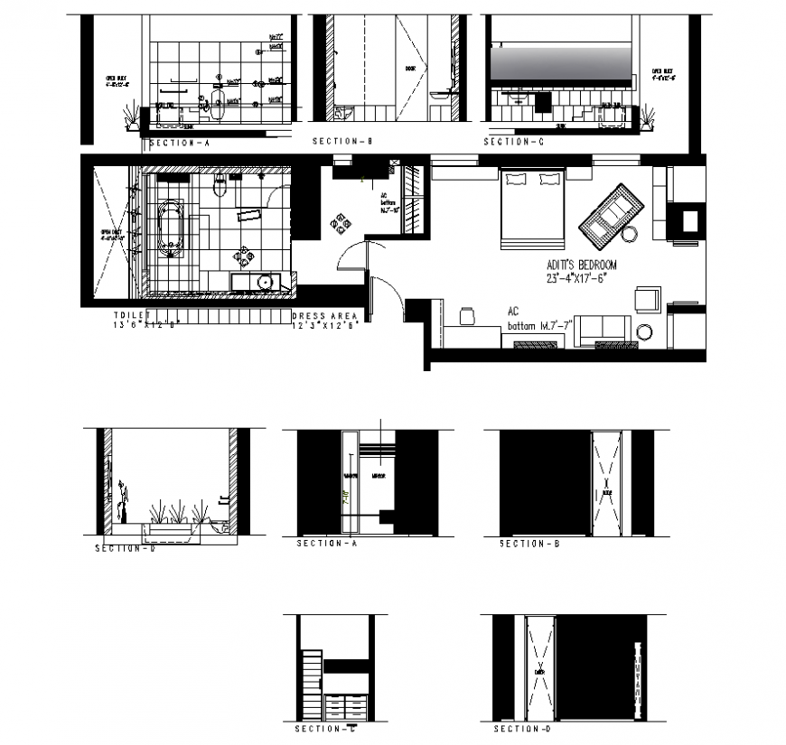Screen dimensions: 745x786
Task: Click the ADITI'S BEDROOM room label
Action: pos(581,265)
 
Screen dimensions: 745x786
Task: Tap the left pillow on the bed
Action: pos(515,180)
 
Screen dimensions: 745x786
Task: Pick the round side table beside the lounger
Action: pos(630,235)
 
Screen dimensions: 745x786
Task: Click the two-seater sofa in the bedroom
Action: pos(603,330)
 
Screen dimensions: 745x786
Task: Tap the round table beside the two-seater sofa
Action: pos(644,332)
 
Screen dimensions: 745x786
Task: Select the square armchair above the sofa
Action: pos(648,299)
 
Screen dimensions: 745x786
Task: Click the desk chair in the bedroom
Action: pos(467,315)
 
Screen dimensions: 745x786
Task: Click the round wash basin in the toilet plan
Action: pos(265,283)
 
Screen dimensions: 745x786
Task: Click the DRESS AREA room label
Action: pos(326,317)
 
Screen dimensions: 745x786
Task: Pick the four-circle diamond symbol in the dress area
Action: pos(342,223)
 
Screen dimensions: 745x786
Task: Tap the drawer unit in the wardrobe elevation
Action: pos(347,705)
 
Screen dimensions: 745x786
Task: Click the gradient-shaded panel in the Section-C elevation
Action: pos(559,65)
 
